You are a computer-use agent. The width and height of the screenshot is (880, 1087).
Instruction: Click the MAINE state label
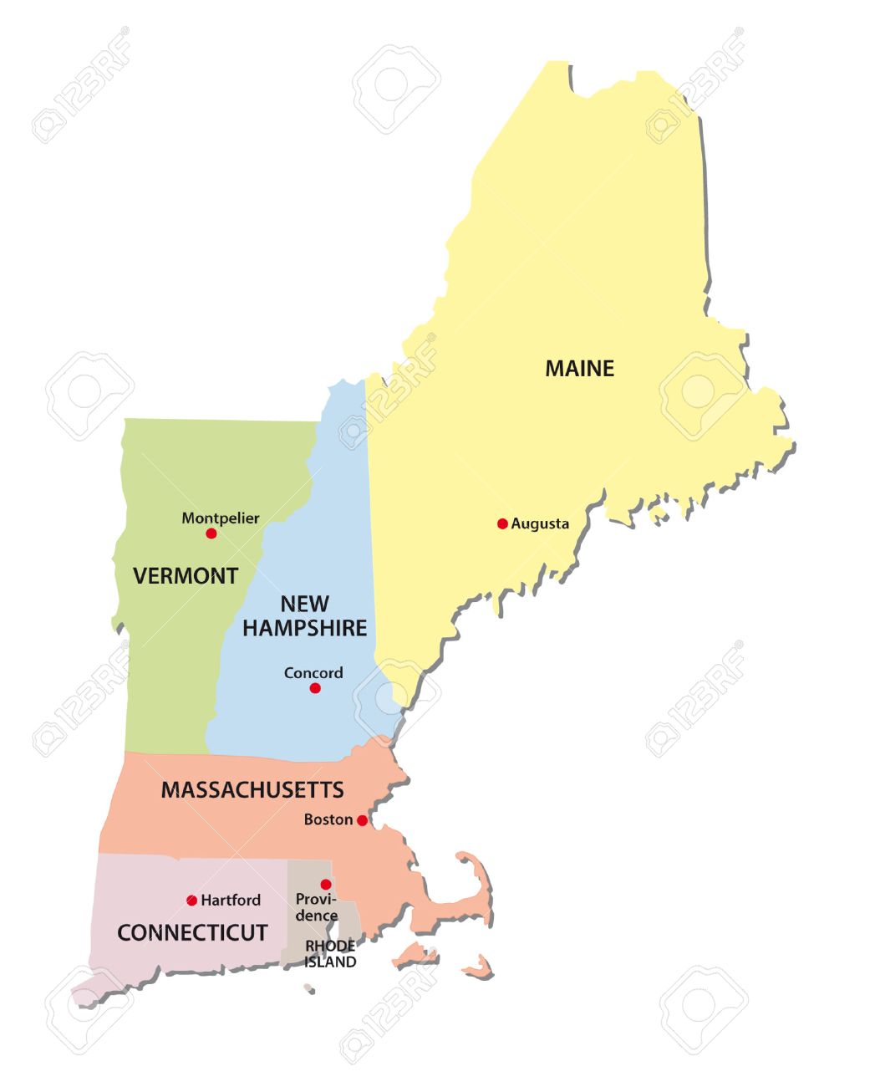tap(579, 368)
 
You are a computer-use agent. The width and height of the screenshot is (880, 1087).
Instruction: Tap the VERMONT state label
tap(186, 575)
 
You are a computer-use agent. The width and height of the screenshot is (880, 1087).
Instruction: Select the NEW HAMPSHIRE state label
tap(304, 615)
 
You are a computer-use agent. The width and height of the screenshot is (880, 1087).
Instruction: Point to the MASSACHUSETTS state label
tap(252, 789)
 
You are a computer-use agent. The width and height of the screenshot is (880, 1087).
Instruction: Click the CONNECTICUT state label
tap(192, 932)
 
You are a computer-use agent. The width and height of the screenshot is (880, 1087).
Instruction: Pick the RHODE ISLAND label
tap(330, 954)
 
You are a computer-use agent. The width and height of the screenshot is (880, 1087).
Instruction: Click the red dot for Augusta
tap(502, 524)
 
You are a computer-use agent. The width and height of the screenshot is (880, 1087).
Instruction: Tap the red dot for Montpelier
tap(211, 533)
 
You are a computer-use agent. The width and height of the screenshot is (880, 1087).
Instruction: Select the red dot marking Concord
tap(315, 688)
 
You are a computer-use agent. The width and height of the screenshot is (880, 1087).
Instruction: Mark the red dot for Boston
tap(362, 821)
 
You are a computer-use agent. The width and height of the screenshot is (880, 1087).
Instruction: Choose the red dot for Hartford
tap(192, 901)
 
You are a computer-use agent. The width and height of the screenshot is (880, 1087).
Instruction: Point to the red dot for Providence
tap(326, 885)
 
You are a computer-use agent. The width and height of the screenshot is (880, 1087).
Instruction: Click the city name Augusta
tap(540, 524)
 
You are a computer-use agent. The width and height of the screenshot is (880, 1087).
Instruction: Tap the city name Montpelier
tap(221, 518)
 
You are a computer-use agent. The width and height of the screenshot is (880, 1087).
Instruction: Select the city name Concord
tap(313, 673)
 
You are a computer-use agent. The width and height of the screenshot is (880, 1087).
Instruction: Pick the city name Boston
tap(328, 819)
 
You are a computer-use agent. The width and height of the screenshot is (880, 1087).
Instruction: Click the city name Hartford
tap(231, 901)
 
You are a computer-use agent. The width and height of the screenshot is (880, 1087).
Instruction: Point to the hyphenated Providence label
tap(317, 907)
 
